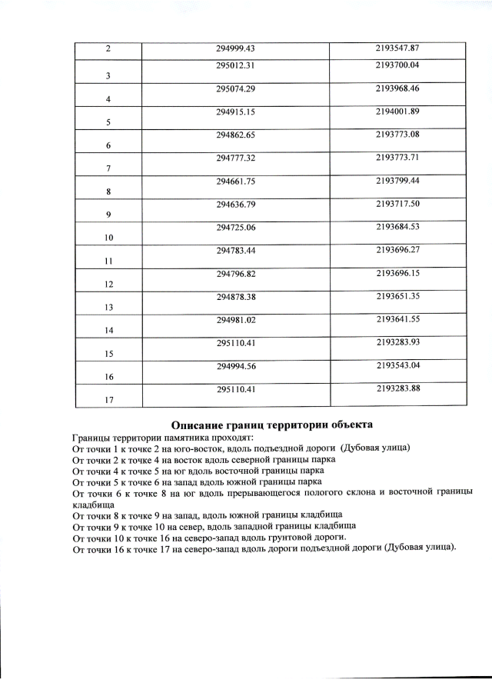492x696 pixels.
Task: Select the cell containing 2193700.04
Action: [x=399, y=65]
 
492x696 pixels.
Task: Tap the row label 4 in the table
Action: [x=108, y=100]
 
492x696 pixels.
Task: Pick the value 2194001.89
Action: [x=399, y=112]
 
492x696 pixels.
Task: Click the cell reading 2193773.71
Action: [x=399, y=158]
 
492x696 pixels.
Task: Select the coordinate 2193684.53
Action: [x=399, y=228]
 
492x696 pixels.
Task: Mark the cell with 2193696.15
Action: [x=399, y=273]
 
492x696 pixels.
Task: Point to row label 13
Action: [x=108, y=308]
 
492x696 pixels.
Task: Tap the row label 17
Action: [x=108, y=400]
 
